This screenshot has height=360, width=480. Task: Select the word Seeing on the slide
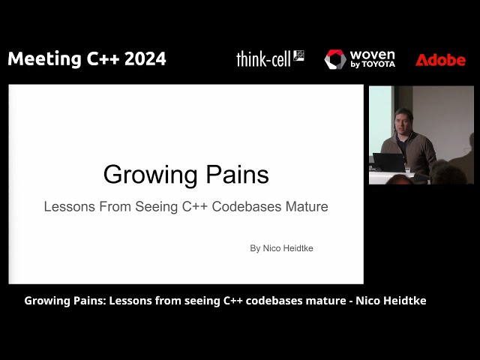[x=154, y=206]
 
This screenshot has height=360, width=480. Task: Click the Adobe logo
[x=440, y=60]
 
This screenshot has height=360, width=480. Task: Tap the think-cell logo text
[x=264, y=59]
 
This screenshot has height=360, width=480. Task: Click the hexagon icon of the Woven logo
[x=335, y=59]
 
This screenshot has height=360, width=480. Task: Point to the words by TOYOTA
[x=372, y=65]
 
